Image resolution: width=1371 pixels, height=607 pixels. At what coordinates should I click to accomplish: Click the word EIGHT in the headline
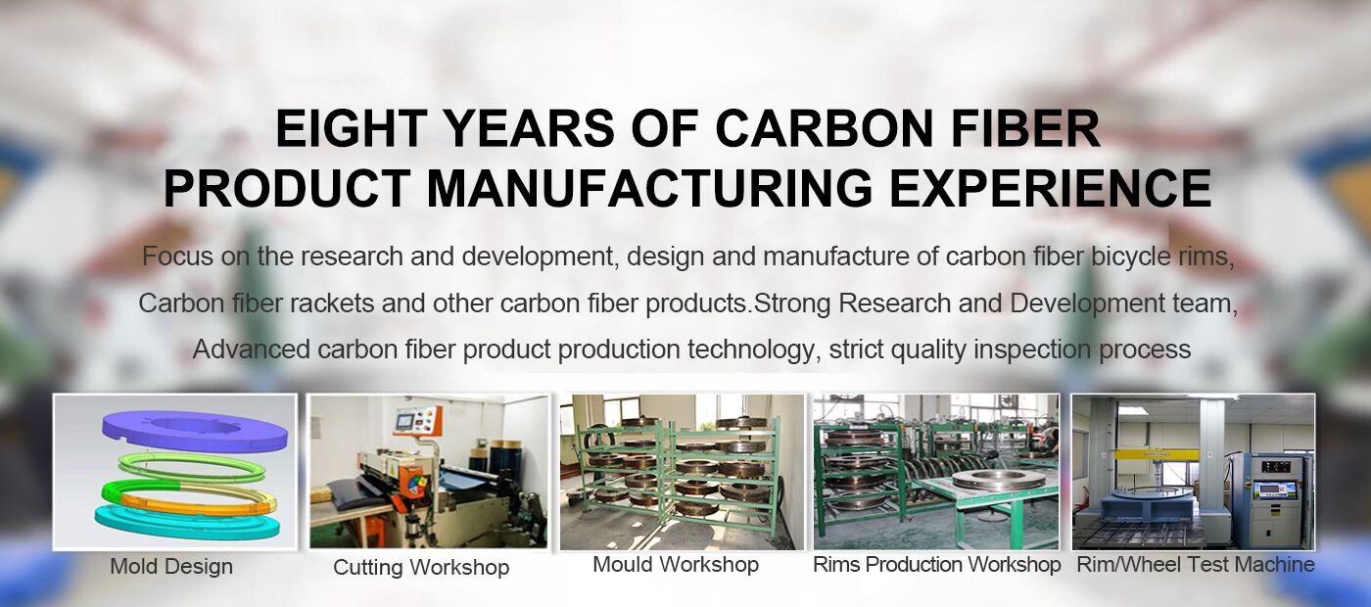[x=352, y=128]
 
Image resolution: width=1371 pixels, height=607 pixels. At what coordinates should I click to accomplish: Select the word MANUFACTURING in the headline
[x=648, y=188]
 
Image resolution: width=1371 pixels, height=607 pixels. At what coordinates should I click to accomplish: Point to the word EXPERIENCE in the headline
[x=1050, y=188]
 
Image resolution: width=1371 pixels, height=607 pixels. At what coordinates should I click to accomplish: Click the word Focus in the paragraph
[x=178, y=257]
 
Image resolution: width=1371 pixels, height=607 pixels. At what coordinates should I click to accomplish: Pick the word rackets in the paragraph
[x=332, y=303]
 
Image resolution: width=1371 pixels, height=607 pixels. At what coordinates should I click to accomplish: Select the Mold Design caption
[x=171, y=567]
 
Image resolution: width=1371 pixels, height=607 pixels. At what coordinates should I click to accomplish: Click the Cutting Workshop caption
[x=421, y=567]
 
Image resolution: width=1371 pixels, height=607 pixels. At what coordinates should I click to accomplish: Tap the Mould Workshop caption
[x=676, y=564]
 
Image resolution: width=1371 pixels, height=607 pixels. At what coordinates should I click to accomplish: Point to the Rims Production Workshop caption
[x=936, y=564]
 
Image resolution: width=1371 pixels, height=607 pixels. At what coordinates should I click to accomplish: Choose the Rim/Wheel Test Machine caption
[x=1196, y=564]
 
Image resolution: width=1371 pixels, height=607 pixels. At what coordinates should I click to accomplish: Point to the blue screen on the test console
[x=1275, y=490]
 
